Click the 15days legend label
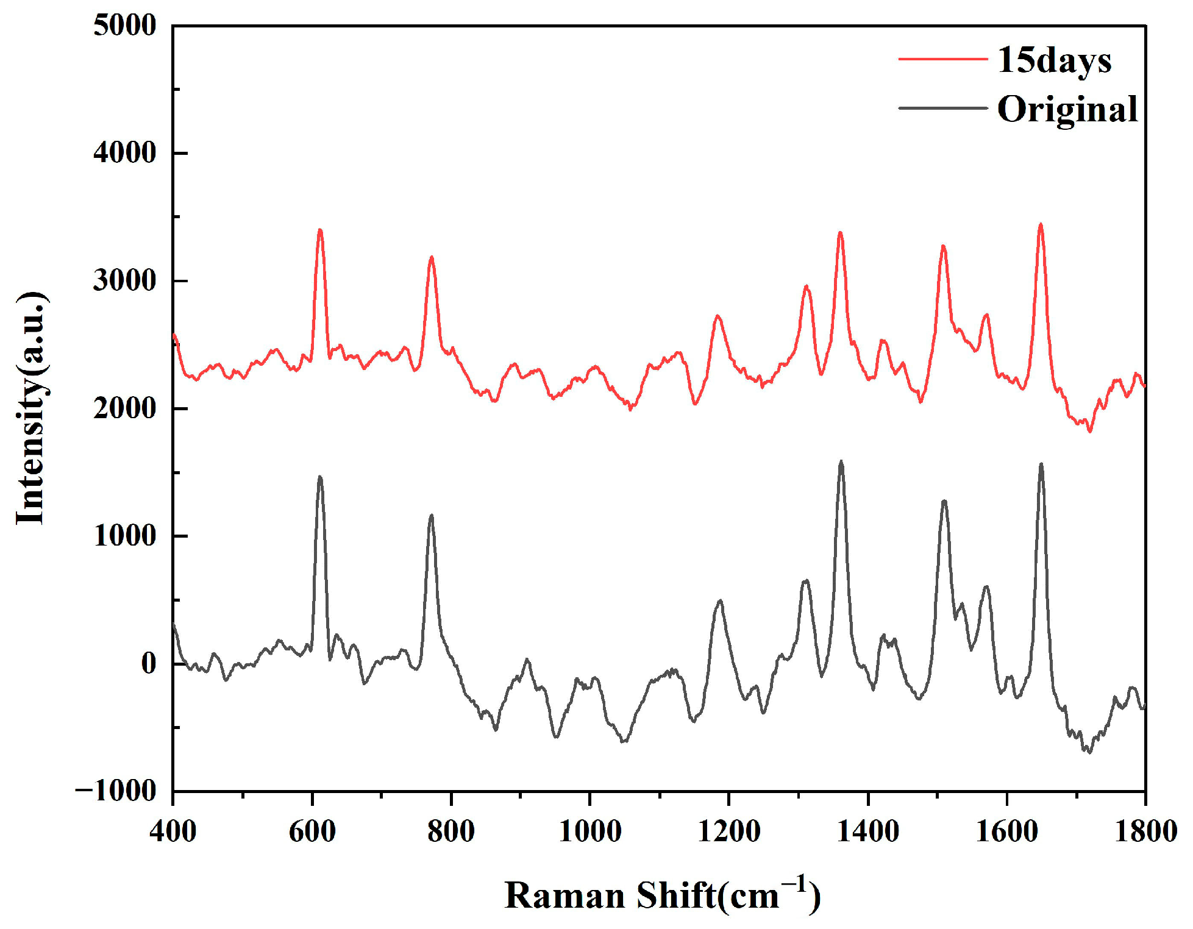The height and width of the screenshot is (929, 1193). click(x=1054, y=62)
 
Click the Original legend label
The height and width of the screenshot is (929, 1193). click(x=1067, y=110)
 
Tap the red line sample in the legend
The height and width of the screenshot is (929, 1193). click(x=942, y=59)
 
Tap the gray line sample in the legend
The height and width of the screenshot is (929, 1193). click(x=942, y=108)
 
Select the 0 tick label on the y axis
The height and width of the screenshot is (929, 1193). click(x=148, y=664)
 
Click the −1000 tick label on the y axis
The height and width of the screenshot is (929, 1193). click(x=116, y=791)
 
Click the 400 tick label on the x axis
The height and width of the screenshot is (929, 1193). click(x=173, y=831)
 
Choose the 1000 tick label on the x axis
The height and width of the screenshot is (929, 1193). click(x=589, y=831)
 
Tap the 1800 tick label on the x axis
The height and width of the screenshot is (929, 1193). click(x=1145, y=831)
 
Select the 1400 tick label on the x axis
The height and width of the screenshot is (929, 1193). click(x=867, y=831)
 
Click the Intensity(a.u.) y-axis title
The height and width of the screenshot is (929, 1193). click(x=30, y=408)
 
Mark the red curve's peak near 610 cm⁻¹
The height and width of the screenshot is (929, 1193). click(x=319, y=230)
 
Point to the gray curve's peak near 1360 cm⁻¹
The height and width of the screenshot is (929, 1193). click(x=841, y=461)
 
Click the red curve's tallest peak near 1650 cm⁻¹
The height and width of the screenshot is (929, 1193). click(x=1041, y=224)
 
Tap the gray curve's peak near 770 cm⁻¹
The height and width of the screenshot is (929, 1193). click(x=432, y=516)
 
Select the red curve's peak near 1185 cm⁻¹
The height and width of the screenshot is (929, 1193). click(x=718, y=316)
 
